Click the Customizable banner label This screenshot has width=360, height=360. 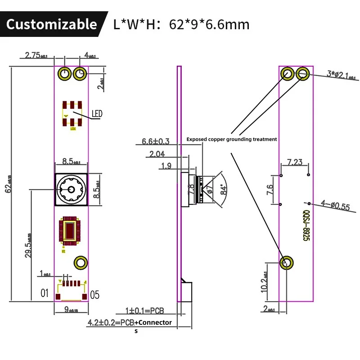pyautogui.click(x=51, y=24)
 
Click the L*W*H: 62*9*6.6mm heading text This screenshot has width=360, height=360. pyautogui.click(x=181, y=24)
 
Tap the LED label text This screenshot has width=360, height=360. pyautogui.click(x=97, y=114)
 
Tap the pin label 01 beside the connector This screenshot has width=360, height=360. pyautogui.click(x=44, y=293)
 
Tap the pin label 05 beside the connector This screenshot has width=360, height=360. pyautogui.click(x=95, y=295)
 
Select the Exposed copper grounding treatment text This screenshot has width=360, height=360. pyautogui.click(x=232, y=139)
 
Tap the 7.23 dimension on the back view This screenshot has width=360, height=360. pyautogui.click(x=294, y=162)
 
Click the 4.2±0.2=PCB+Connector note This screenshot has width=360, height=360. pyautogui.click(x=130, y=322)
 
